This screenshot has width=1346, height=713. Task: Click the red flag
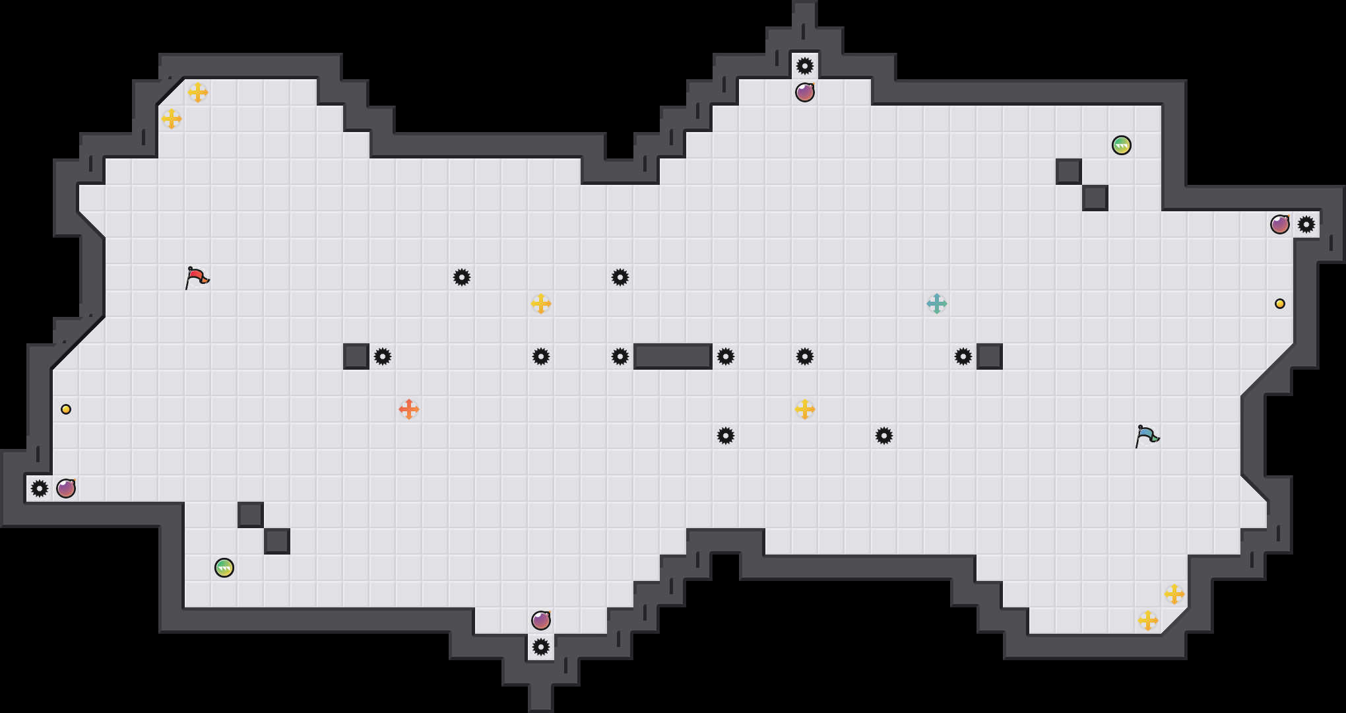197,277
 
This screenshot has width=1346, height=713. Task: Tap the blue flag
1147,436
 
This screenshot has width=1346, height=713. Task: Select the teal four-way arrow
937,304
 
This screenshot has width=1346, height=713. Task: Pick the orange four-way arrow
409,409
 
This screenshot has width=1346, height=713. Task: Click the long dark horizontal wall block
673,356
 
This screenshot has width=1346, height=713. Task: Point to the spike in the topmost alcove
805,66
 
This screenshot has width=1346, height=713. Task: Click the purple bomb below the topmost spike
805,92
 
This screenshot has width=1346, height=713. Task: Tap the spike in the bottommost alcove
541,647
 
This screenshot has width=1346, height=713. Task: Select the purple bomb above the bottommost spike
541,621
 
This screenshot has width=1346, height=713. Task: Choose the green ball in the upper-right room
1122,145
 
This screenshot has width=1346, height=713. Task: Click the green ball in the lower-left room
224,568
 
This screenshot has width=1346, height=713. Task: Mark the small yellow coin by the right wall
1280,304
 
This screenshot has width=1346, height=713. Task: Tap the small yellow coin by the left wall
66,409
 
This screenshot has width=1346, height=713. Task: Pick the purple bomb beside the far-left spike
66,489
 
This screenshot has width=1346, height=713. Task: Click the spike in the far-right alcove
1306,224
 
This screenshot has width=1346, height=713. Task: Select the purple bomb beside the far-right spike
1280,224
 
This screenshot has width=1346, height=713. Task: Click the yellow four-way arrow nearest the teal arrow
805,409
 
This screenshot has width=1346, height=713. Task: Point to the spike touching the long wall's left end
620,356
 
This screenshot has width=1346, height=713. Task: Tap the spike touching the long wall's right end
726,356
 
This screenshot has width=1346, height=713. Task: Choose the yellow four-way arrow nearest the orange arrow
541,304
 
